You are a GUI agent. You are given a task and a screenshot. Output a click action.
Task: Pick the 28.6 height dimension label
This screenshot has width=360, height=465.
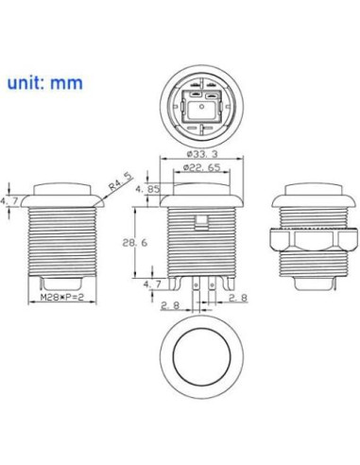137,243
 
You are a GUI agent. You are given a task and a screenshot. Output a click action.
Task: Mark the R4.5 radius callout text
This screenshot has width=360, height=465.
117,180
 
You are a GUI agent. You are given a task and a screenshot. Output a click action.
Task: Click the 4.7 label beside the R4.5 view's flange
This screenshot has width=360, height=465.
9,200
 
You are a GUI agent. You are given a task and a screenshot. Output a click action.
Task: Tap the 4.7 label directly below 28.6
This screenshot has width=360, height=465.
151,284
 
